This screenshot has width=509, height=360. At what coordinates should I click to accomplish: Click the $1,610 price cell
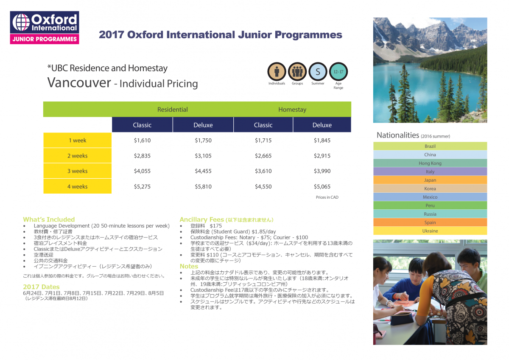[142, 141]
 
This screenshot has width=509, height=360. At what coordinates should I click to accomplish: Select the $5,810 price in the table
[203, 186]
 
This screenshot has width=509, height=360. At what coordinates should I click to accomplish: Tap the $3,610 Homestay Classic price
[263, 171]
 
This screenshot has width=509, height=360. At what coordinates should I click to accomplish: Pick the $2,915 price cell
[322, 156]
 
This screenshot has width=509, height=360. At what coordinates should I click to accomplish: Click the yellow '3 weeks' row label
[78, 171]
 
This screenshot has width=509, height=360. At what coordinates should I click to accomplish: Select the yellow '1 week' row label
[78, 141]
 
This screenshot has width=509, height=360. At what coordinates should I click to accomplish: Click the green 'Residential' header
[173, 110]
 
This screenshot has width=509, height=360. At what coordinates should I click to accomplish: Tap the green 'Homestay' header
[292, 110]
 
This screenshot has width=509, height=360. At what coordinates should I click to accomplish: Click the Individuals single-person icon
[277, 71]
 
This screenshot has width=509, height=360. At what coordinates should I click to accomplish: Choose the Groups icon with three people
[297, 71]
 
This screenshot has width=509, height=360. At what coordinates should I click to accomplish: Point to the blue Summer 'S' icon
[318, 71]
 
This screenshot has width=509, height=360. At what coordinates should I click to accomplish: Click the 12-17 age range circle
[338, 71]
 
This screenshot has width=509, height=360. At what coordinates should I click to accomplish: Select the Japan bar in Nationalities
[430, 180]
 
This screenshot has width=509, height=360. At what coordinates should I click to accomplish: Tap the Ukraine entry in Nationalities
[430, 231]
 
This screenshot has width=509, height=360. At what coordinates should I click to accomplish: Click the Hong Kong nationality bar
[430, 163]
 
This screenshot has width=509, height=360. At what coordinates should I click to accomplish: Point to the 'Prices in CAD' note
[327, 197]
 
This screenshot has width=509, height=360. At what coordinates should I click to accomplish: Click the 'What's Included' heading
[49, 219]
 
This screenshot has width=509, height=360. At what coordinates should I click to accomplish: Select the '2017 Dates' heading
[41, 287]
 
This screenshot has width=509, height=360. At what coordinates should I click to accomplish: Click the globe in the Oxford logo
[21, 22]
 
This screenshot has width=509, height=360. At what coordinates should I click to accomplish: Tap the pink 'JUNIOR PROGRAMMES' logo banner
[45, 39]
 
